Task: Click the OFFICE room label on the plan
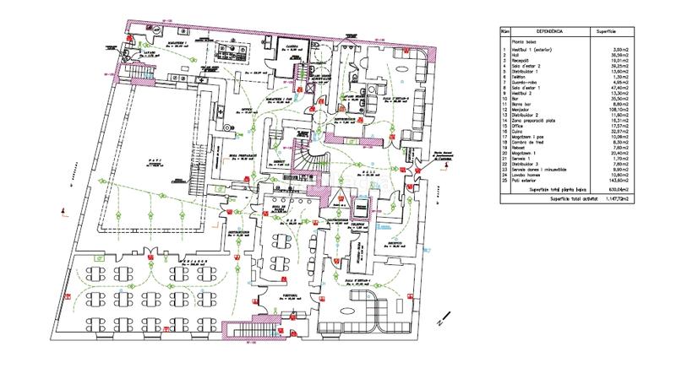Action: pos(248,109)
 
